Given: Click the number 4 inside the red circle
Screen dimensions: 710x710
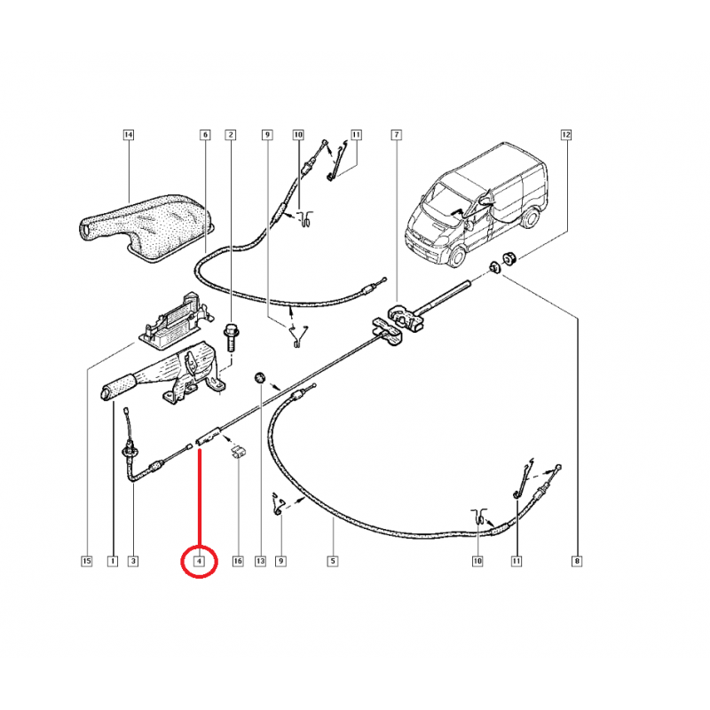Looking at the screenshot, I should [200, 561].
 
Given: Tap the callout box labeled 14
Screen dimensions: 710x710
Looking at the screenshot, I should [128, 135].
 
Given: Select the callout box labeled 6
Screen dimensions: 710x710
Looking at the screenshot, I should [204, 135].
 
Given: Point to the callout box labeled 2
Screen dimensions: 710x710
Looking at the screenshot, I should [231, 135].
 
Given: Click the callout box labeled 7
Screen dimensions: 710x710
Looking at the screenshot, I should [396, 135].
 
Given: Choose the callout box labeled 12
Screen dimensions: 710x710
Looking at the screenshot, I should [566, 135].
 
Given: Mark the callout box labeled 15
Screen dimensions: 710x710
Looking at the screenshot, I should [86, 561].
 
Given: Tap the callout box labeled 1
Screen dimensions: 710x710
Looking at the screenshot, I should [113, 561].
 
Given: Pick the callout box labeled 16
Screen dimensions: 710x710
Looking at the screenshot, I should [238, 561].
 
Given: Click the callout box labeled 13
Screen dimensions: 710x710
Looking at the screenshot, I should [260, 561].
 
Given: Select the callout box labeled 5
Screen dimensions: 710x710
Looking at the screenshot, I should [333, 561].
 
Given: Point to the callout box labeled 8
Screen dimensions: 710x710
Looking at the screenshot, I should [577, 561].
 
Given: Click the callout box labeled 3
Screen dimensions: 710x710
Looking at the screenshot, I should [133, 561].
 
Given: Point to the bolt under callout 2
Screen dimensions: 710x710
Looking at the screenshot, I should [231, 337].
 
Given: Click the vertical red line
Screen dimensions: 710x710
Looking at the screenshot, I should [200, 497].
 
